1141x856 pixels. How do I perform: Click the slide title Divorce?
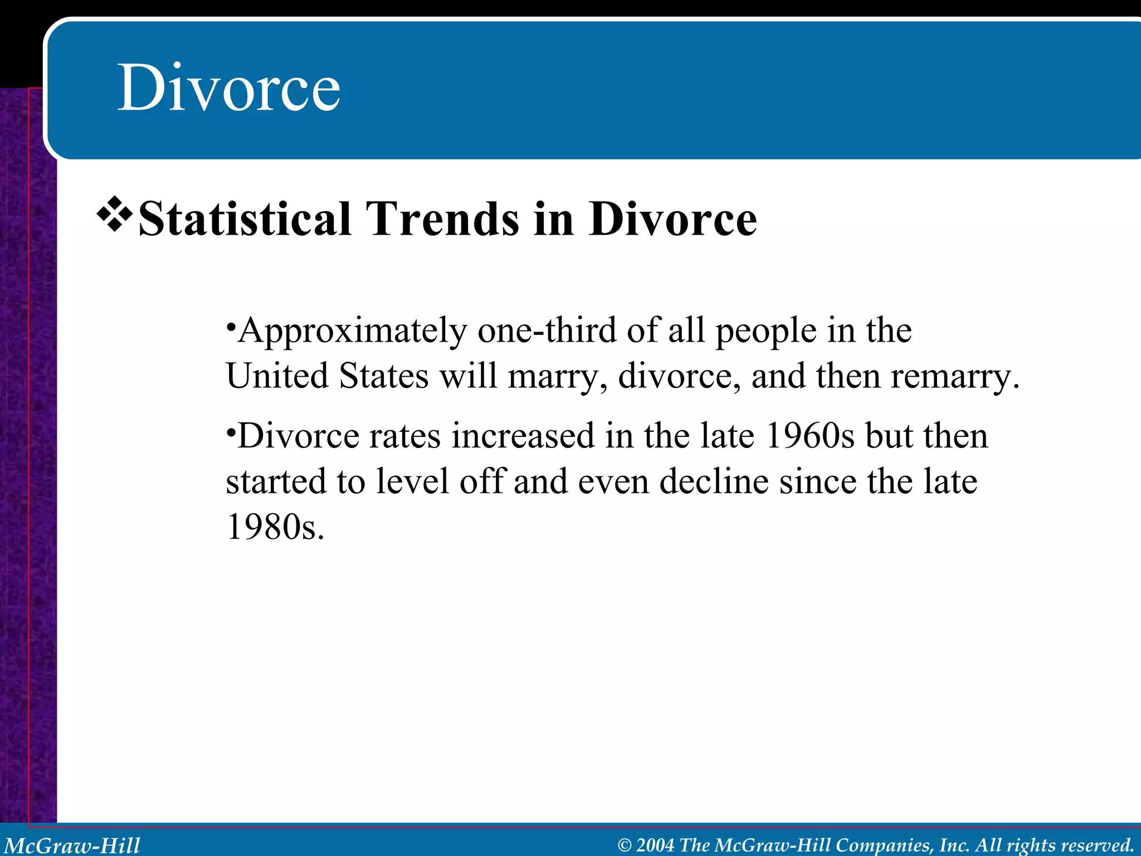pyautogui.click(x=228, y=88)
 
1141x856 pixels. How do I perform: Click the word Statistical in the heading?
pyautogui.click(x=245, y=219)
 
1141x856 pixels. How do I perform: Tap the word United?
pyautogui.click(x=277, y=376)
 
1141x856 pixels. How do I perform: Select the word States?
pyautogui.click(x=384, y=376)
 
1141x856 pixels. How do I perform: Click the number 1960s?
pyautogui.click(x=810, y=436)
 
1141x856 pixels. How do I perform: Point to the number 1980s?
pyautogui.click(x=274, y=527)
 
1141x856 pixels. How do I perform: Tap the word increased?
pyautogui.click(x=523, y=436)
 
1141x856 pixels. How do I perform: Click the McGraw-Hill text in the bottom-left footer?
pyautogui.click(x=72, y=845)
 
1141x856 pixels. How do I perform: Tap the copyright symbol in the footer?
pyautogui.click(x=625, y=845)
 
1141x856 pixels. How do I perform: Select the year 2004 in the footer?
pyautogui.click(x=655, y=845)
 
